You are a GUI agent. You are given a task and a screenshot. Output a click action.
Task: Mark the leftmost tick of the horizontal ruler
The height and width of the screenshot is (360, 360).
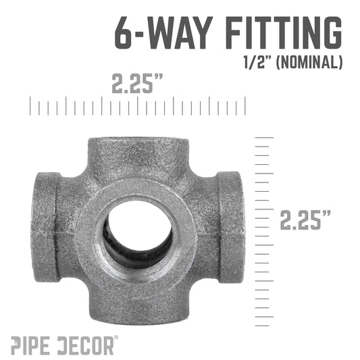click(x=30, y=107)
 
